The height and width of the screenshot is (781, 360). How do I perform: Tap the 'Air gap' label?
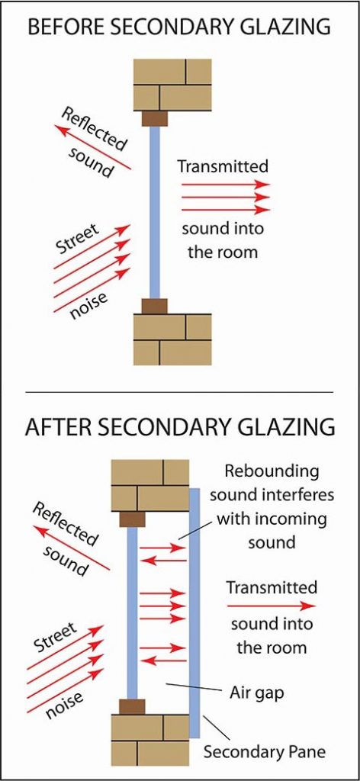251,694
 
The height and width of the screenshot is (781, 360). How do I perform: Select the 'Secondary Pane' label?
264,751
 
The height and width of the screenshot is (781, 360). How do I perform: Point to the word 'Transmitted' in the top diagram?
223,166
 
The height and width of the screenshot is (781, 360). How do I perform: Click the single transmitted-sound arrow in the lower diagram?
271,606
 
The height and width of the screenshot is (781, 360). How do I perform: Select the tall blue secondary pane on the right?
194,610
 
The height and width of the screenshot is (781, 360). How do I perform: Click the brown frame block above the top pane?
155,118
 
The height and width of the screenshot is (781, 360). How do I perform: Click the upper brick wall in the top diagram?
172,84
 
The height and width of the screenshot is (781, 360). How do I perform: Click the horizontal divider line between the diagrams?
180,392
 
